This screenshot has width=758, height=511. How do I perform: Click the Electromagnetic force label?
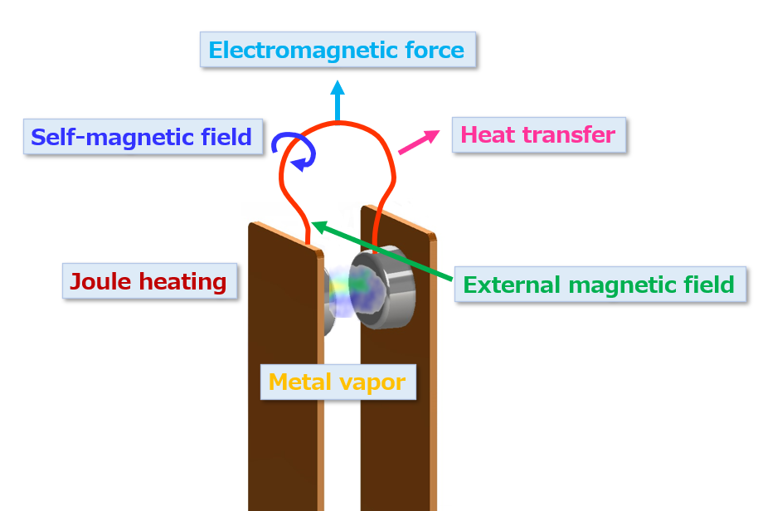click(x=338, y=50)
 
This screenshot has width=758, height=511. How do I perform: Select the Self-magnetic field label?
click(x=143, y=137)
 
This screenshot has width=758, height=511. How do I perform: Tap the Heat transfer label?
click(x=539, y=135)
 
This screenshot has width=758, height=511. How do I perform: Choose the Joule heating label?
click(x=149, y=281)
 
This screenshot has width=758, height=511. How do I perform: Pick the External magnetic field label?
click(x=600, y=285)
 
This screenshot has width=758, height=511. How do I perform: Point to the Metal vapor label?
click(x=338, y=382)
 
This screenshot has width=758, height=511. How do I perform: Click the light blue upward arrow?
click(x=338, y=100)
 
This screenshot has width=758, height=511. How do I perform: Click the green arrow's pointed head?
click(x=317, y=226)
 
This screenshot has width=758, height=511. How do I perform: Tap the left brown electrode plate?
click(x=285, y=367)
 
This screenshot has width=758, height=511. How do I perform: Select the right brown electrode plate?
click(x=397, y=367)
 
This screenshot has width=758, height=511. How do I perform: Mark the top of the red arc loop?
click(x=338, y=124)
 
